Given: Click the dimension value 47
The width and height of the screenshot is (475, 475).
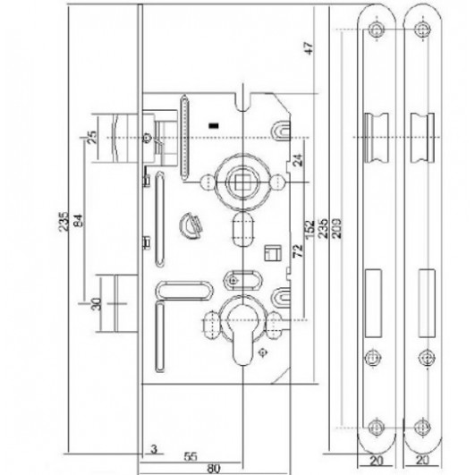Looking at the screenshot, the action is tap(309, 48).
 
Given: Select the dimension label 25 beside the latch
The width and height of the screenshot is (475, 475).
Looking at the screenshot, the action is tap(92, 137).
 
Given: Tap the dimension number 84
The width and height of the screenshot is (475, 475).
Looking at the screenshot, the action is tap(78, 221).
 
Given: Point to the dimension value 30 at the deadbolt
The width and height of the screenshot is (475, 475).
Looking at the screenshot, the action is tap(96, 304).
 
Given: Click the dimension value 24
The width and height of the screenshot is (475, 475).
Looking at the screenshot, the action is tap(298, 160).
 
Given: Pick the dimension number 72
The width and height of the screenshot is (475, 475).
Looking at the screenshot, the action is tap(298, 250).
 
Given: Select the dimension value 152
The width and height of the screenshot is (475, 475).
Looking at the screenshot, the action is tap(310, 229).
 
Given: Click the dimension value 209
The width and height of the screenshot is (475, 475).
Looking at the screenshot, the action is tap(336, 228).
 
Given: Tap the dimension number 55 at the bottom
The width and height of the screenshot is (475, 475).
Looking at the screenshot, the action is tap(191, 456).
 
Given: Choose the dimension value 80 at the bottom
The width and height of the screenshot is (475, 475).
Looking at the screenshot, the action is tap(214, 469).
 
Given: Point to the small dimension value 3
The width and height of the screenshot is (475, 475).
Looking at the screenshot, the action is tap(154, 449).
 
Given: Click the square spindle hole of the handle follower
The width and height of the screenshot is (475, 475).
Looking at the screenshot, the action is tap(243, 182).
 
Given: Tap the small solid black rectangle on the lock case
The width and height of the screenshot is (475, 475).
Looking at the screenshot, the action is tap(214, 125).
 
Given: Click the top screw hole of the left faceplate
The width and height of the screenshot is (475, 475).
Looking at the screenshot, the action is tap(377, 30).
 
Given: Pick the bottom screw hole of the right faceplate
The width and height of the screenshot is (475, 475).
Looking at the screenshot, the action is tap(422, 427).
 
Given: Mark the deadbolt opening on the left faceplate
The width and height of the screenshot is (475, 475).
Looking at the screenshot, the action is tap(373, 303).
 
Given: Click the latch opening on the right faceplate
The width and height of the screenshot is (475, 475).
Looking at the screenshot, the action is tap(422, 138).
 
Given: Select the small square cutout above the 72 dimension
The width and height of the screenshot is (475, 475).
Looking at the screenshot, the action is tap(273, 253).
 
